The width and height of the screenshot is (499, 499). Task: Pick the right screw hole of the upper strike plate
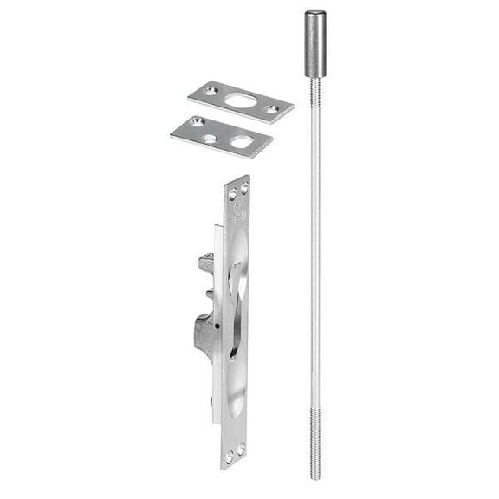coord(273,109)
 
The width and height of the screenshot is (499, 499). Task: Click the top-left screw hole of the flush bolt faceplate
coord(232,191)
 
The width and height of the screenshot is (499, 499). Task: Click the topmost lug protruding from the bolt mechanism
coord(205,261)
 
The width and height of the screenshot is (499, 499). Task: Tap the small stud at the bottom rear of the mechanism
coord(211,402)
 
